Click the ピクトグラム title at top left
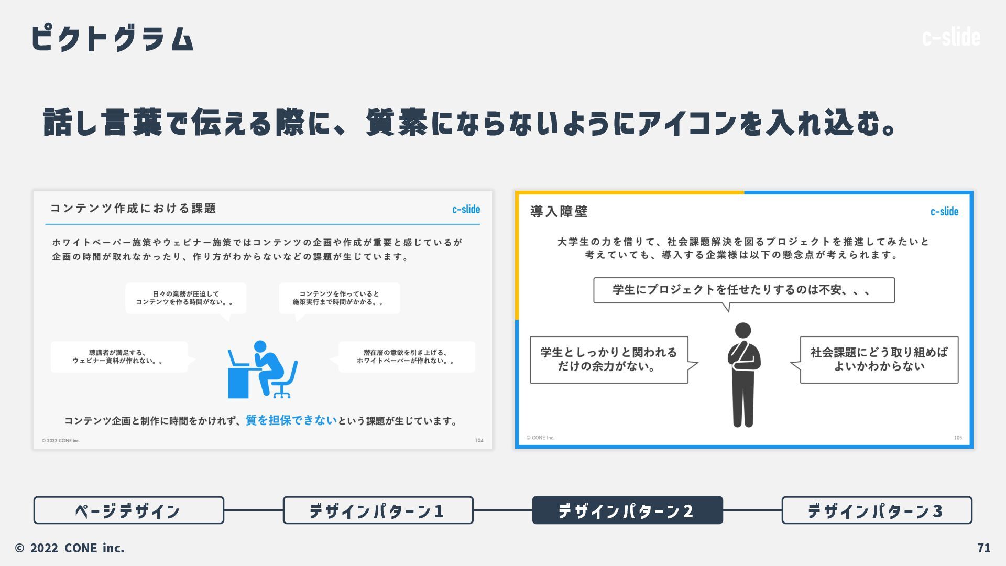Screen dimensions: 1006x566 pos(113,38)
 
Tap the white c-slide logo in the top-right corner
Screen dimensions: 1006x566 pos(950,37)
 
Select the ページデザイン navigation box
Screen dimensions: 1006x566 pos(128,510)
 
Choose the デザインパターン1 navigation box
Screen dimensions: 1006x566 pos(378,510)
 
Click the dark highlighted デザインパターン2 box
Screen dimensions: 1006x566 pos(627,510)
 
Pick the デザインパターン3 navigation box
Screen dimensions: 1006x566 pos(877,510)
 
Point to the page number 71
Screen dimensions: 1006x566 pos(983,548)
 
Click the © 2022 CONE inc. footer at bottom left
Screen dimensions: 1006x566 pos(70,548)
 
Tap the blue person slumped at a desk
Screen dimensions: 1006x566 pos(263,369)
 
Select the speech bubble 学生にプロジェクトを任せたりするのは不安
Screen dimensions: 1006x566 pos(743,290)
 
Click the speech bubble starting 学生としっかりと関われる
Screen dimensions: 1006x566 pos(609,360)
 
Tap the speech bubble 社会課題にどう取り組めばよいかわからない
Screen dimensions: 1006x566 pos(879,360)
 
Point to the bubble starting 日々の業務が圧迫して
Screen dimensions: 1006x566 pos(185,298)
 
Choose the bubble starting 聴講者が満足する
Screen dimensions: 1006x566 pos(119,357)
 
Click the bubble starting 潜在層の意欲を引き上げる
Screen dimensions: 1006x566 pos(407,357)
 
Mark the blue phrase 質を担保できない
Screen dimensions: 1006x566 pos(291,420)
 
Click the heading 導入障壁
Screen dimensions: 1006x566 pos(559,212)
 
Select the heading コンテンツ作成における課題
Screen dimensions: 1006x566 pos(133,209)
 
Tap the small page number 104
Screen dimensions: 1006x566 pos(479,440)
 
